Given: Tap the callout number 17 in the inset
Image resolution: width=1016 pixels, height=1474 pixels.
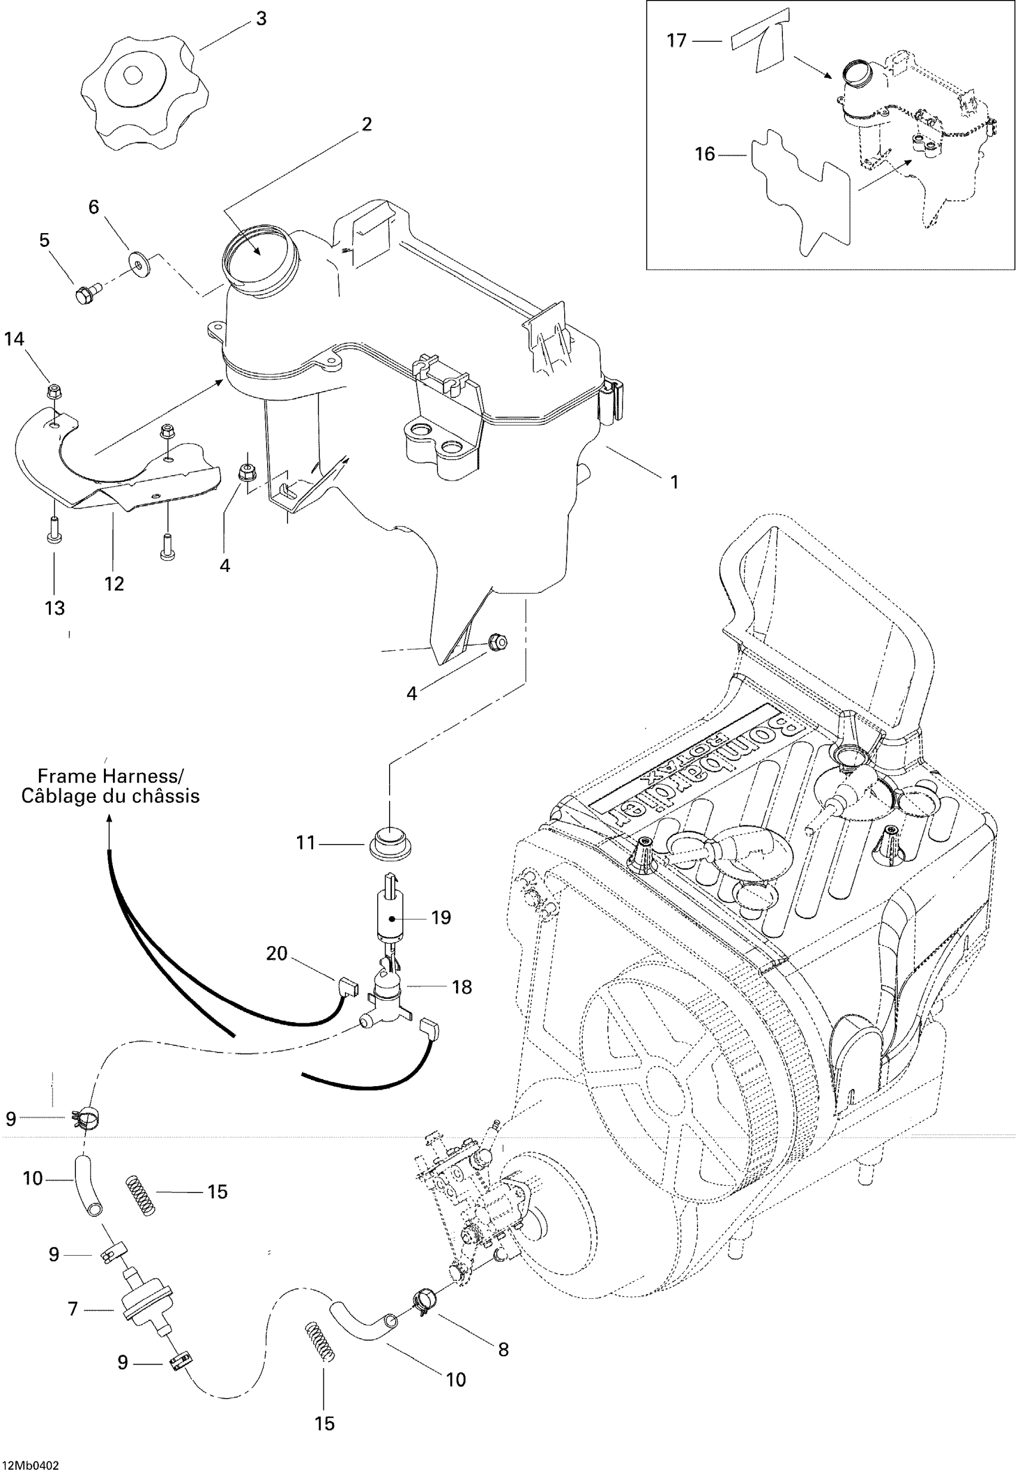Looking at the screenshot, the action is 676,41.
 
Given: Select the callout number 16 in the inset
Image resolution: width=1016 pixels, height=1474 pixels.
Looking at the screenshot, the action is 705,154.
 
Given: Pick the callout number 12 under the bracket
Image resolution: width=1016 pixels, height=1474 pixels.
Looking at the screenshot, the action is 114,583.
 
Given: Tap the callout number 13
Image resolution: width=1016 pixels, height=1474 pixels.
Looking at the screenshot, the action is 55,608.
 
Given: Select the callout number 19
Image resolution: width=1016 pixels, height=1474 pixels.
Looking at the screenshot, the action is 440,918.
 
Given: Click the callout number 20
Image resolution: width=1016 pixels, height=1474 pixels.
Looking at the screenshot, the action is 277,953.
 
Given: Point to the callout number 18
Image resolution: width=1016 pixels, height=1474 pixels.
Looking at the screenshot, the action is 461,987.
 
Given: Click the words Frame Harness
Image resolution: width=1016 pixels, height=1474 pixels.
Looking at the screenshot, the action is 110,776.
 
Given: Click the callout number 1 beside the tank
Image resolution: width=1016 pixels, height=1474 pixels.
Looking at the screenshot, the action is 675,482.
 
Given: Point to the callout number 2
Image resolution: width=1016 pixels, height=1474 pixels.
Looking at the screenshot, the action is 367,124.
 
